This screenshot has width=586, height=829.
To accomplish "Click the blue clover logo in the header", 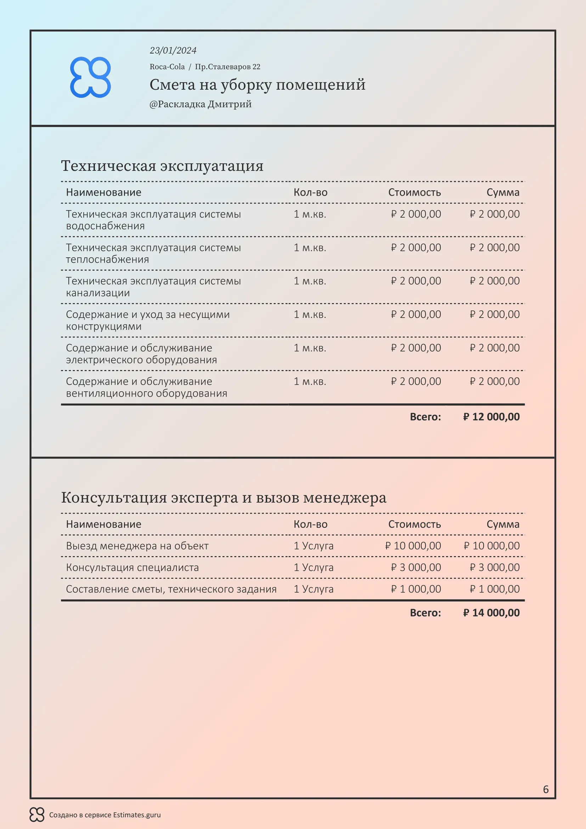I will click(90, 77).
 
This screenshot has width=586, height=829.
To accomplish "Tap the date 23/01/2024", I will click(173, 51).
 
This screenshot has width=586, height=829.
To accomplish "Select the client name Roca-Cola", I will click(167, 67).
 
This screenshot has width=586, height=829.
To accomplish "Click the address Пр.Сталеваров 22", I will click(227, 67).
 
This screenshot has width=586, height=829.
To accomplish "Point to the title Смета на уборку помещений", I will click(257, 84).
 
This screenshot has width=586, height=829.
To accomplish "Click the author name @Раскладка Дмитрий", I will click(200, 104).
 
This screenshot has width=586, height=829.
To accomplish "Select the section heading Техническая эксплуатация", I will click(162, 166).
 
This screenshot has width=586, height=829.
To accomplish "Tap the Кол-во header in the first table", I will click(310, 192).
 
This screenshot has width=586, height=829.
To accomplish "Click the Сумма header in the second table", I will click(503, 524).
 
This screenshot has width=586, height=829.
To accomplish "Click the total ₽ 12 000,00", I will click(491, 417).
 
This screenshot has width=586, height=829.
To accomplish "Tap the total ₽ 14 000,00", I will click(491, 613).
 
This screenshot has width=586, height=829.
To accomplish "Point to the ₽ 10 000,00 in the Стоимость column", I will click(413, 545).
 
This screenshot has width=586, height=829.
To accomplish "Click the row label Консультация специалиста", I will click(132, 567).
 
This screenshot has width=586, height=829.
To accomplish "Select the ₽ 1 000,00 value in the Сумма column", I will click(494, 589).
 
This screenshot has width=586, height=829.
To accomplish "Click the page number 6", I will click(546, 789).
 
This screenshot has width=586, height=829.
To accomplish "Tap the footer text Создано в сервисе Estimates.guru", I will click(105, 815).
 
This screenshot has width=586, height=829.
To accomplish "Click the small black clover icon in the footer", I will click(37, 814).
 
